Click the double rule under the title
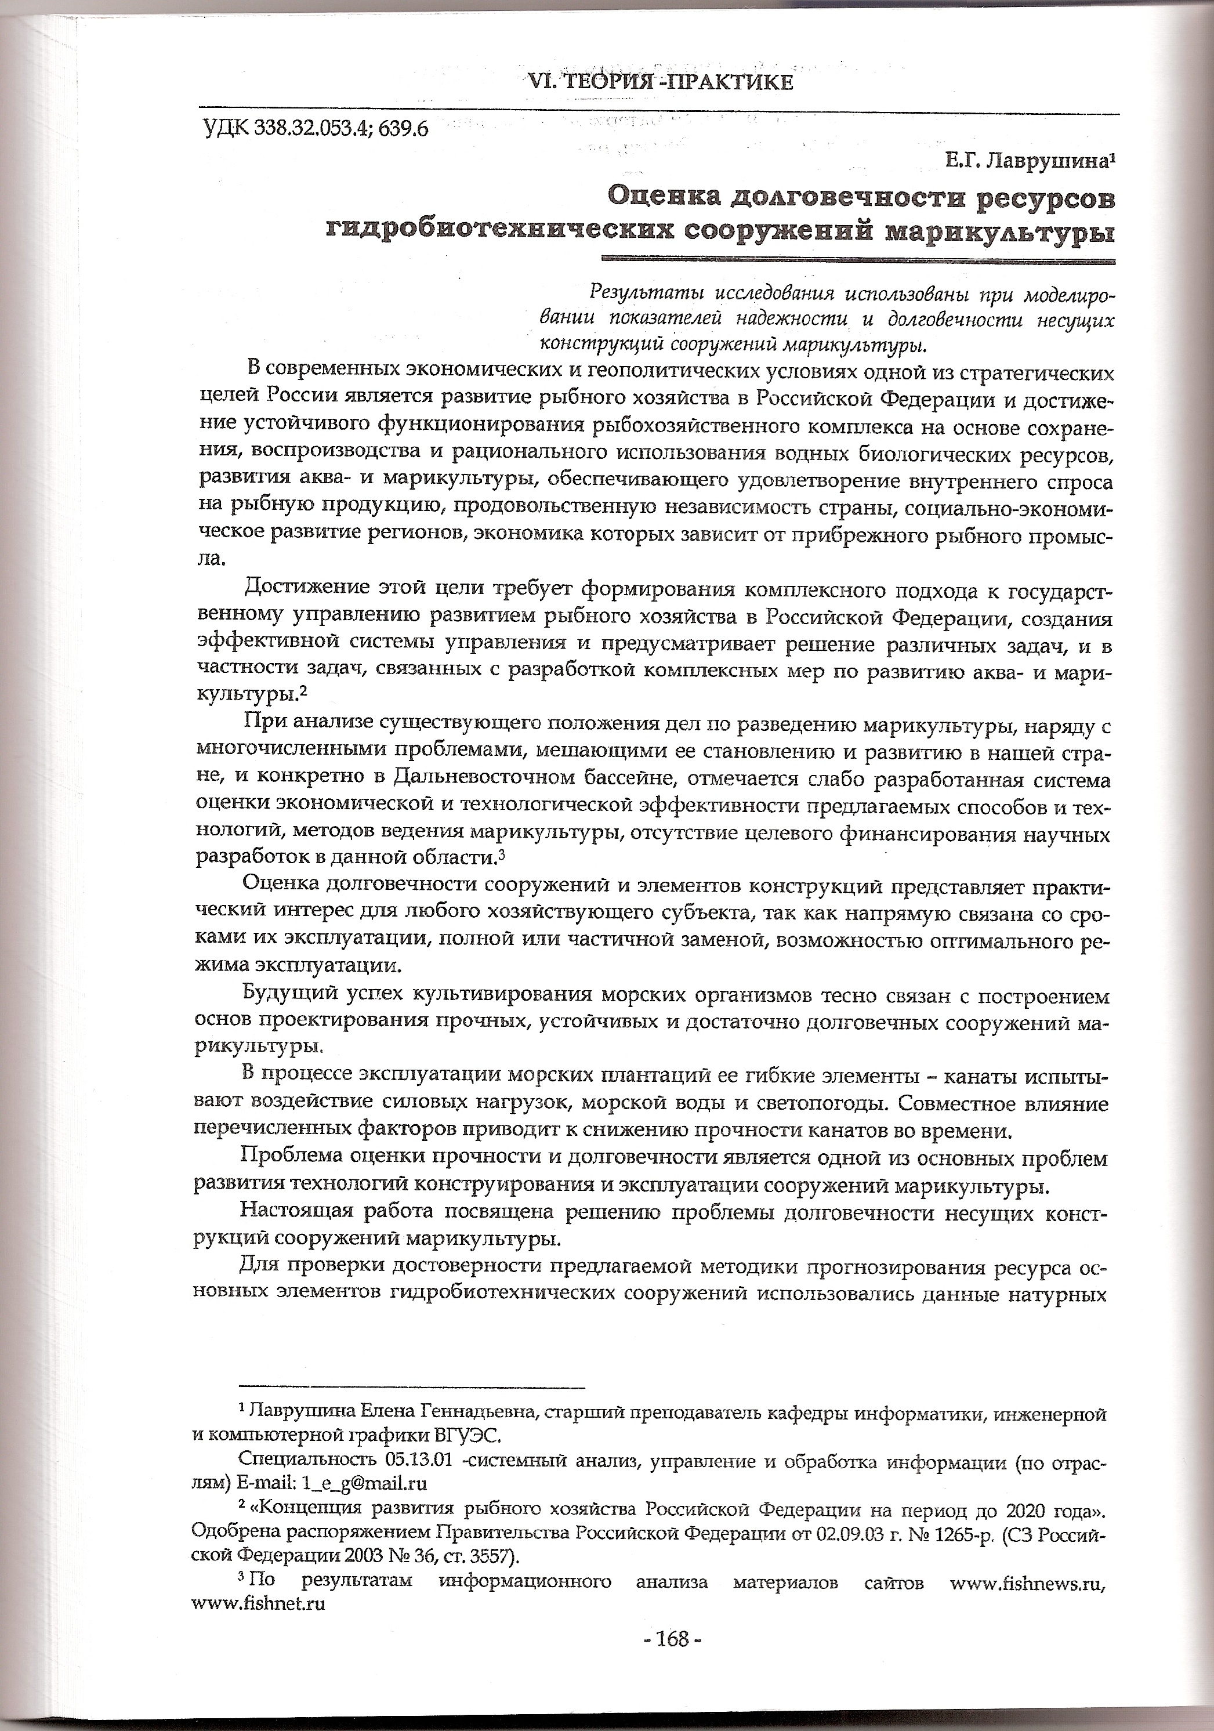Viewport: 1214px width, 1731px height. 856,261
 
